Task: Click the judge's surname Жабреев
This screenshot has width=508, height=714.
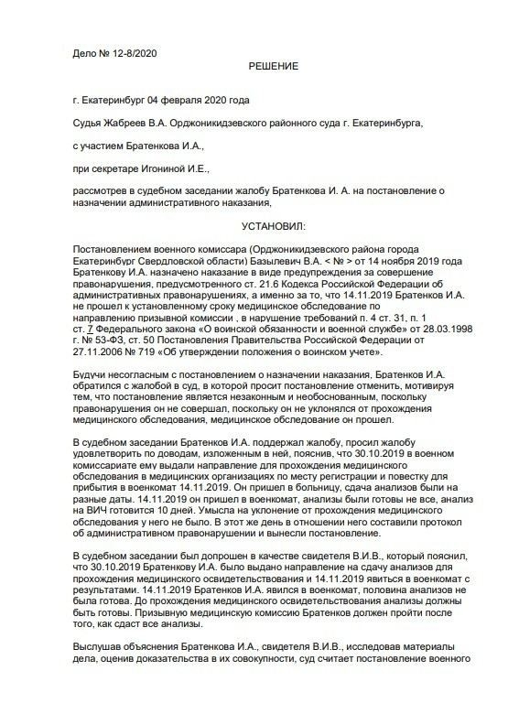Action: click(132, 122)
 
